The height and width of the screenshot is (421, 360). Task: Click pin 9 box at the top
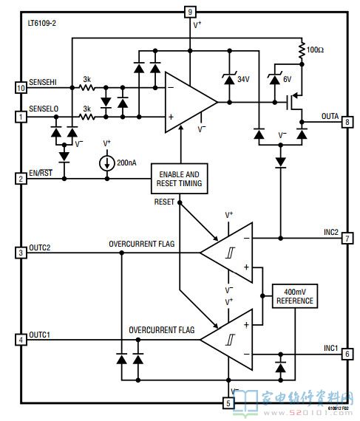coord(190,12)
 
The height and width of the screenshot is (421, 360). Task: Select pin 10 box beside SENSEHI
coord(21,88)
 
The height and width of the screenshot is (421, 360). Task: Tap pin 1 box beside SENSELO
coord(21,117)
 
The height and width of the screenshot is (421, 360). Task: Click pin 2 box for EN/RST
coord(21,179)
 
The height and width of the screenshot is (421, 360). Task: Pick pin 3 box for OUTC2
coord(21,253)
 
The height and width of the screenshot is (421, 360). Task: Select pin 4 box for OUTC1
coord(21,340)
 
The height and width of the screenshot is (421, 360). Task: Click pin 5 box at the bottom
coord(228,403)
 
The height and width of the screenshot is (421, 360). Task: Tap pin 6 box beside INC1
coord(347,354)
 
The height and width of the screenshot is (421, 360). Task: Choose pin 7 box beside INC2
coord(347,238)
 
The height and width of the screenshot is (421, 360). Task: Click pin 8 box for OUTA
coord(347,122)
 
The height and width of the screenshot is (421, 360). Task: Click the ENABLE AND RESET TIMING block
coord(179,179)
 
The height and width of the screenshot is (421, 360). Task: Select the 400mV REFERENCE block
coord(295,296)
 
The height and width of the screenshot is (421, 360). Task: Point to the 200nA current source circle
coord(107,163)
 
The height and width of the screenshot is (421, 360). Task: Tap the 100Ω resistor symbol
coord(302,49)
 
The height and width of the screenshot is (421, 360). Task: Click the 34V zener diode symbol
coord(229,79)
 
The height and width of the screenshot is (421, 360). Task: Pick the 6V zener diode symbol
coord(274,79)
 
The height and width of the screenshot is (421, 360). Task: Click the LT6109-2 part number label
coord(42,23)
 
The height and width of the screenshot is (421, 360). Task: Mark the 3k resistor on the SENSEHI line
coord(86,88)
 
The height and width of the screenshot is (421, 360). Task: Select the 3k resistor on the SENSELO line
coord(86,117)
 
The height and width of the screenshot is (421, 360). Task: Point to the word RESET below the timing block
coord(164,202)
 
